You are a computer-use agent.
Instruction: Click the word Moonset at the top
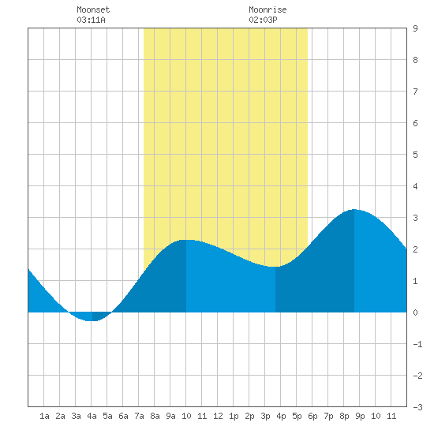point(93,9)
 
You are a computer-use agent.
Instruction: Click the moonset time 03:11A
point(91,20)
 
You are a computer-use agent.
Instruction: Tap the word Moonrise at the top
point(268,9)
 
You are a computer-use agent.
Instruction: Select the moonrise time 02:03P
point(263,20)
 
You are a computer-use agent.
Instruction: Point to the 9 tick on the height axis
point(415,28)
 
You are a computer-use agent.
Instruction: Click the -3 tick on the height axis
point(417,407)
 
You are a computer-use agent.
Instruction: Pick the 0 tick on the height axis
point(415,312)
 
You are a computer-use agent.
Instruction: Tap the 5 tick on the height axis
point(415,155)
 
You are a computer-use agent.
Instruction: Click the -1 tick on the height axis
point(417,344)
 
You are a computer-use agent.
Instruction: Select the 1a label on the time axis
point(44,416)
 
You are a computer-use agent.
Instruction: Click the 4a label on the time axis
point(92,416)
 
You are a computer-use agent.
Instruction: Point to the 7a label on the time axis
point(139,416)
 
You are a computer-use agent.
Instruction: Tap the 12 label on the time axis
point(218,416)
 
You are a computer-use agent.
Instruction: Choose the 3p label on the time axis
point(265,416)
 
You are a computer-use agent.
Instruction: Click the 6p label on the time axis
point(312,416)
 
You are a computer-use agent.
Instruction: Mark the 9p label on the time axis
point(360,416)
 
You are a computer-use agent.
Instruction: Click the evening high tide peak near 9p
point(354,210)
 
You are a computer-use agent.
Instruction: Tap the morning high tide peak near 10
point(186,240)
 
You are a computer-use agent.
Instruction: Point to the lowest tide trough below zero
point(92,320)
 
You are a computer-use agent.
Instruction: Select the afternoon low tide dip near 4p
point(275,267)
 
